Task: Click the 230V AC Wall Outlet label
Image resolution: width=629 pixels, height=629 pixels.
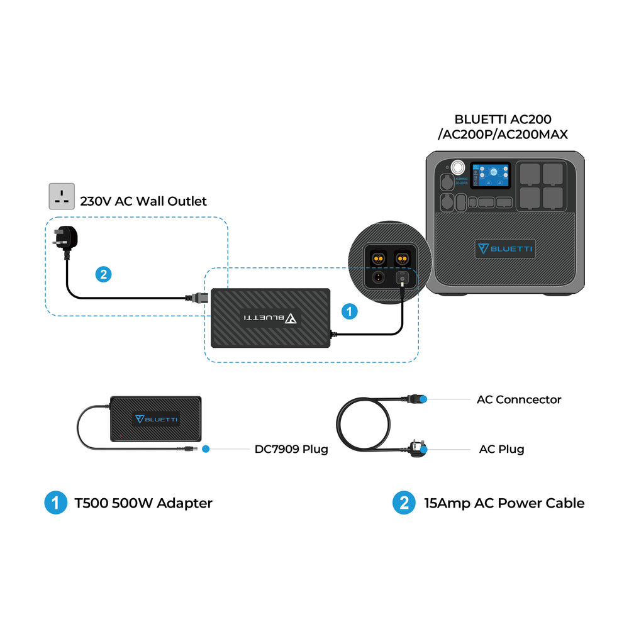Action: pyautogui.click(x=143, y=201)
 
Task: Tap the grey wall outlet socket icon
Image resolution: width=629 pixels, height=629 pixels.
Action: pyautogui.click(x=62, y=196)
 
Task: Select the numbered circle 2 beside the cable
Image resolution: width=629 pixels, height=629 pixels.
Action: pyautogui.click(x=104, y=274)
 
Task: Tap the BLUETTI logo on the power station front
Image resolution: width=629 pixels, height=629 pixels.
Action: pyautogui.click(x=505, y=248)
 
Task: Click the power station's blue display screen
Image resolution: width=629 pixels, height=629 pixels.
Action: pyautogui.click(x=491, y=175)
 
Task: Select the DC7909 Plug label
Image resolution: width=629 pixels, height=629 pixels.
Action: pyautogui.click(x=291, y=449)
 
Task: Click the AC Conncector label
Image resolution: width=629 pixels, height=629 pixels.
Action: pyautogui.click(x=519, y=399)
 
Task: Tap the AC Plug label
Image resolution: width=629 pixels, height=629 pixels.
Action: pyautogui.click(x=501, y=449)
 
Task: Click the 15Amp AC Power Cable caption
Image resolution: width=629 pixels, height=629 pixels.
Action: pyautogui.click(x=504, y=503)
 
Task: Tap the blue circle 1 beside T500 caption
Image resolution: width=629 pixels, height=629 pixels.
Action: pyautogui.click(x=55, y=503)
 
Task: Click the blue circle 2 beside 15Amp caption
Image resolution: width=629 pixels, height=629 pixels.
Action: pyautogui.click(x=403, y=503)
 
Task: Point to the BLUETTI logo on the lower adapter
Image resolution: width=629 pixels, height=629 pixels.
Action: pyautogui.click(x=155, y=419)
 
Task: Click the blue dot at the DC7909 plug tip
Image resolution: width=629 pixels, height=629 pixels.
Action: pyautogui.click(x=205, y=449)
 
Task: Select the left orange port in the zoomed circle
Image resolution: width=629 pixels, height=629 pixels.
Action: pyautogui.click(x=378, y=258)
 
